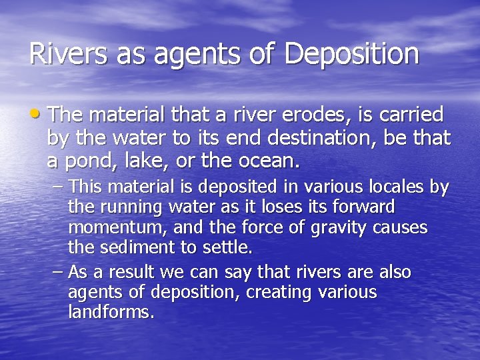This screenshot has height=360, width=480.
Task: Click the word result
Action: coord(132,273)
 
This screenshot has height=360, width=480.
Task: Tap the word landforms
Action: coord(111,313)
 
